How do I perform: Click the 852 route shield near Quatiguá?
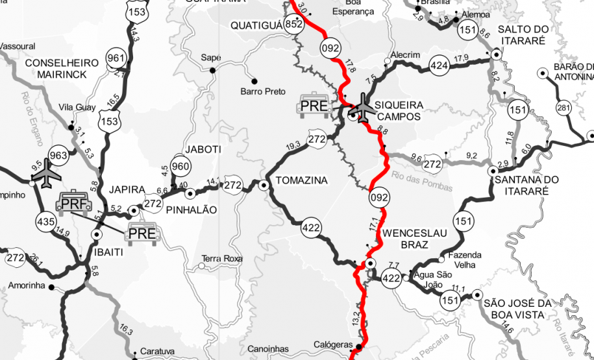click(294, 24)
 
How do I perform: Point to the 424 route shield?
click(439, 66)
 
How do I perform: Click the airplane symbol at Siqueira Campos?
click(360, 107)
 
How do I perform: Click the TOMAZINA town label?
click(302, 180)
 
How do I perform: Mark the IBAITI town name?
click(109, 252)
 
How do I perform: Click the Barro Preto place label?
click(263, 91)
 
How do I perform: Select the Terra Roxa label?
click(222, 258)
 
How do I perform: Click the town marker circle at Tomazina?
click(264, 186)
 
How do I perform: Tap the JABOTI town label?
click(203, 149)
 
